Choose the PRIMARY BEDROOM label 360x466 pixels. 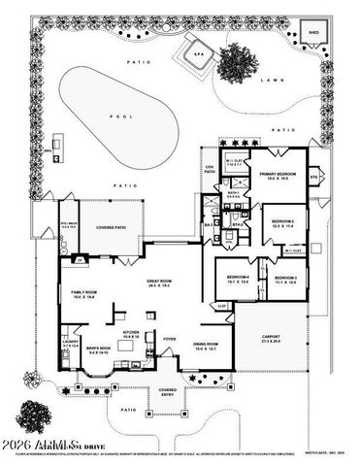pos(282,177)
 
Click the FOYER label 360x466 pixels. pos(169,339)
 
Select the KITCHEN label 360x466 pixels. pos(131,333)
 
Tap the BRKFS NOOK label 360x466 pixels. pos(100,349)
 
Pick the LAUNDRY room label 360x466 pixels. pos(68,343)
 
